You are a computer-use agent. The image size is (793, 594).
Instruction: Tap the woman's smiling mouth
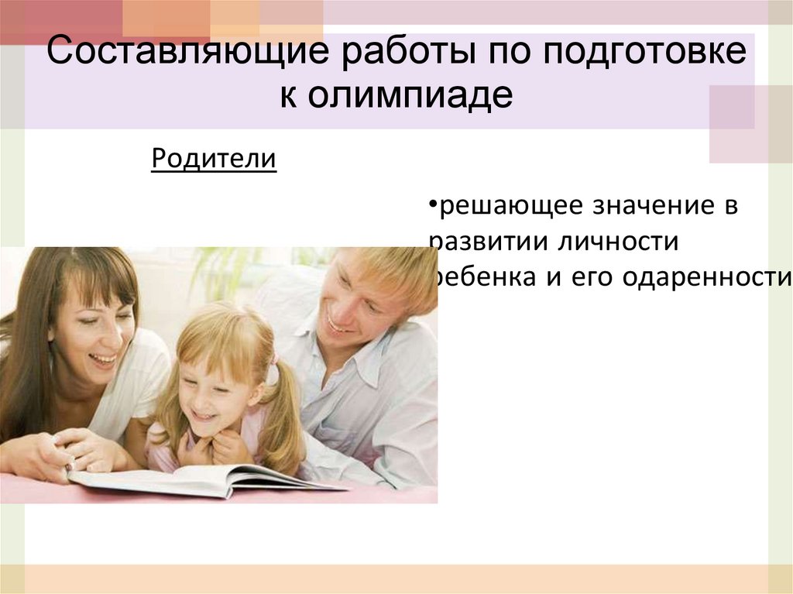[x=102, y=359]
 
